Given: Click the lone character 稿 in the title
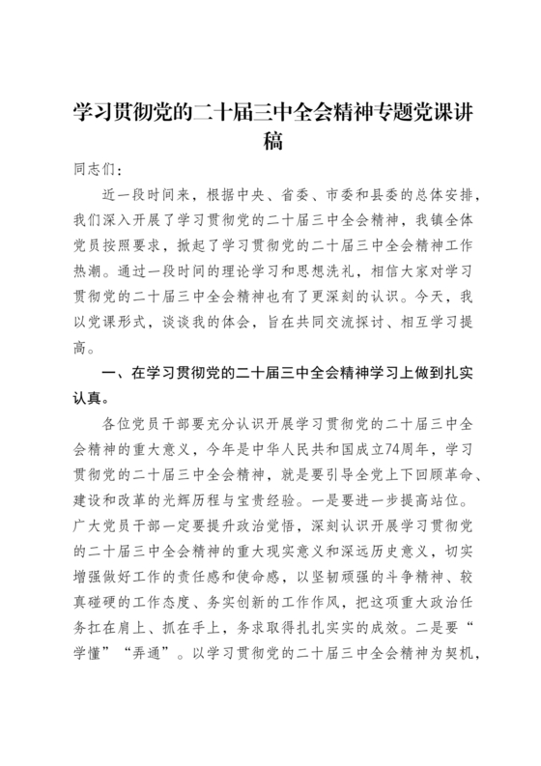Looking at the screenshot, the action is coord(270,141).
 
